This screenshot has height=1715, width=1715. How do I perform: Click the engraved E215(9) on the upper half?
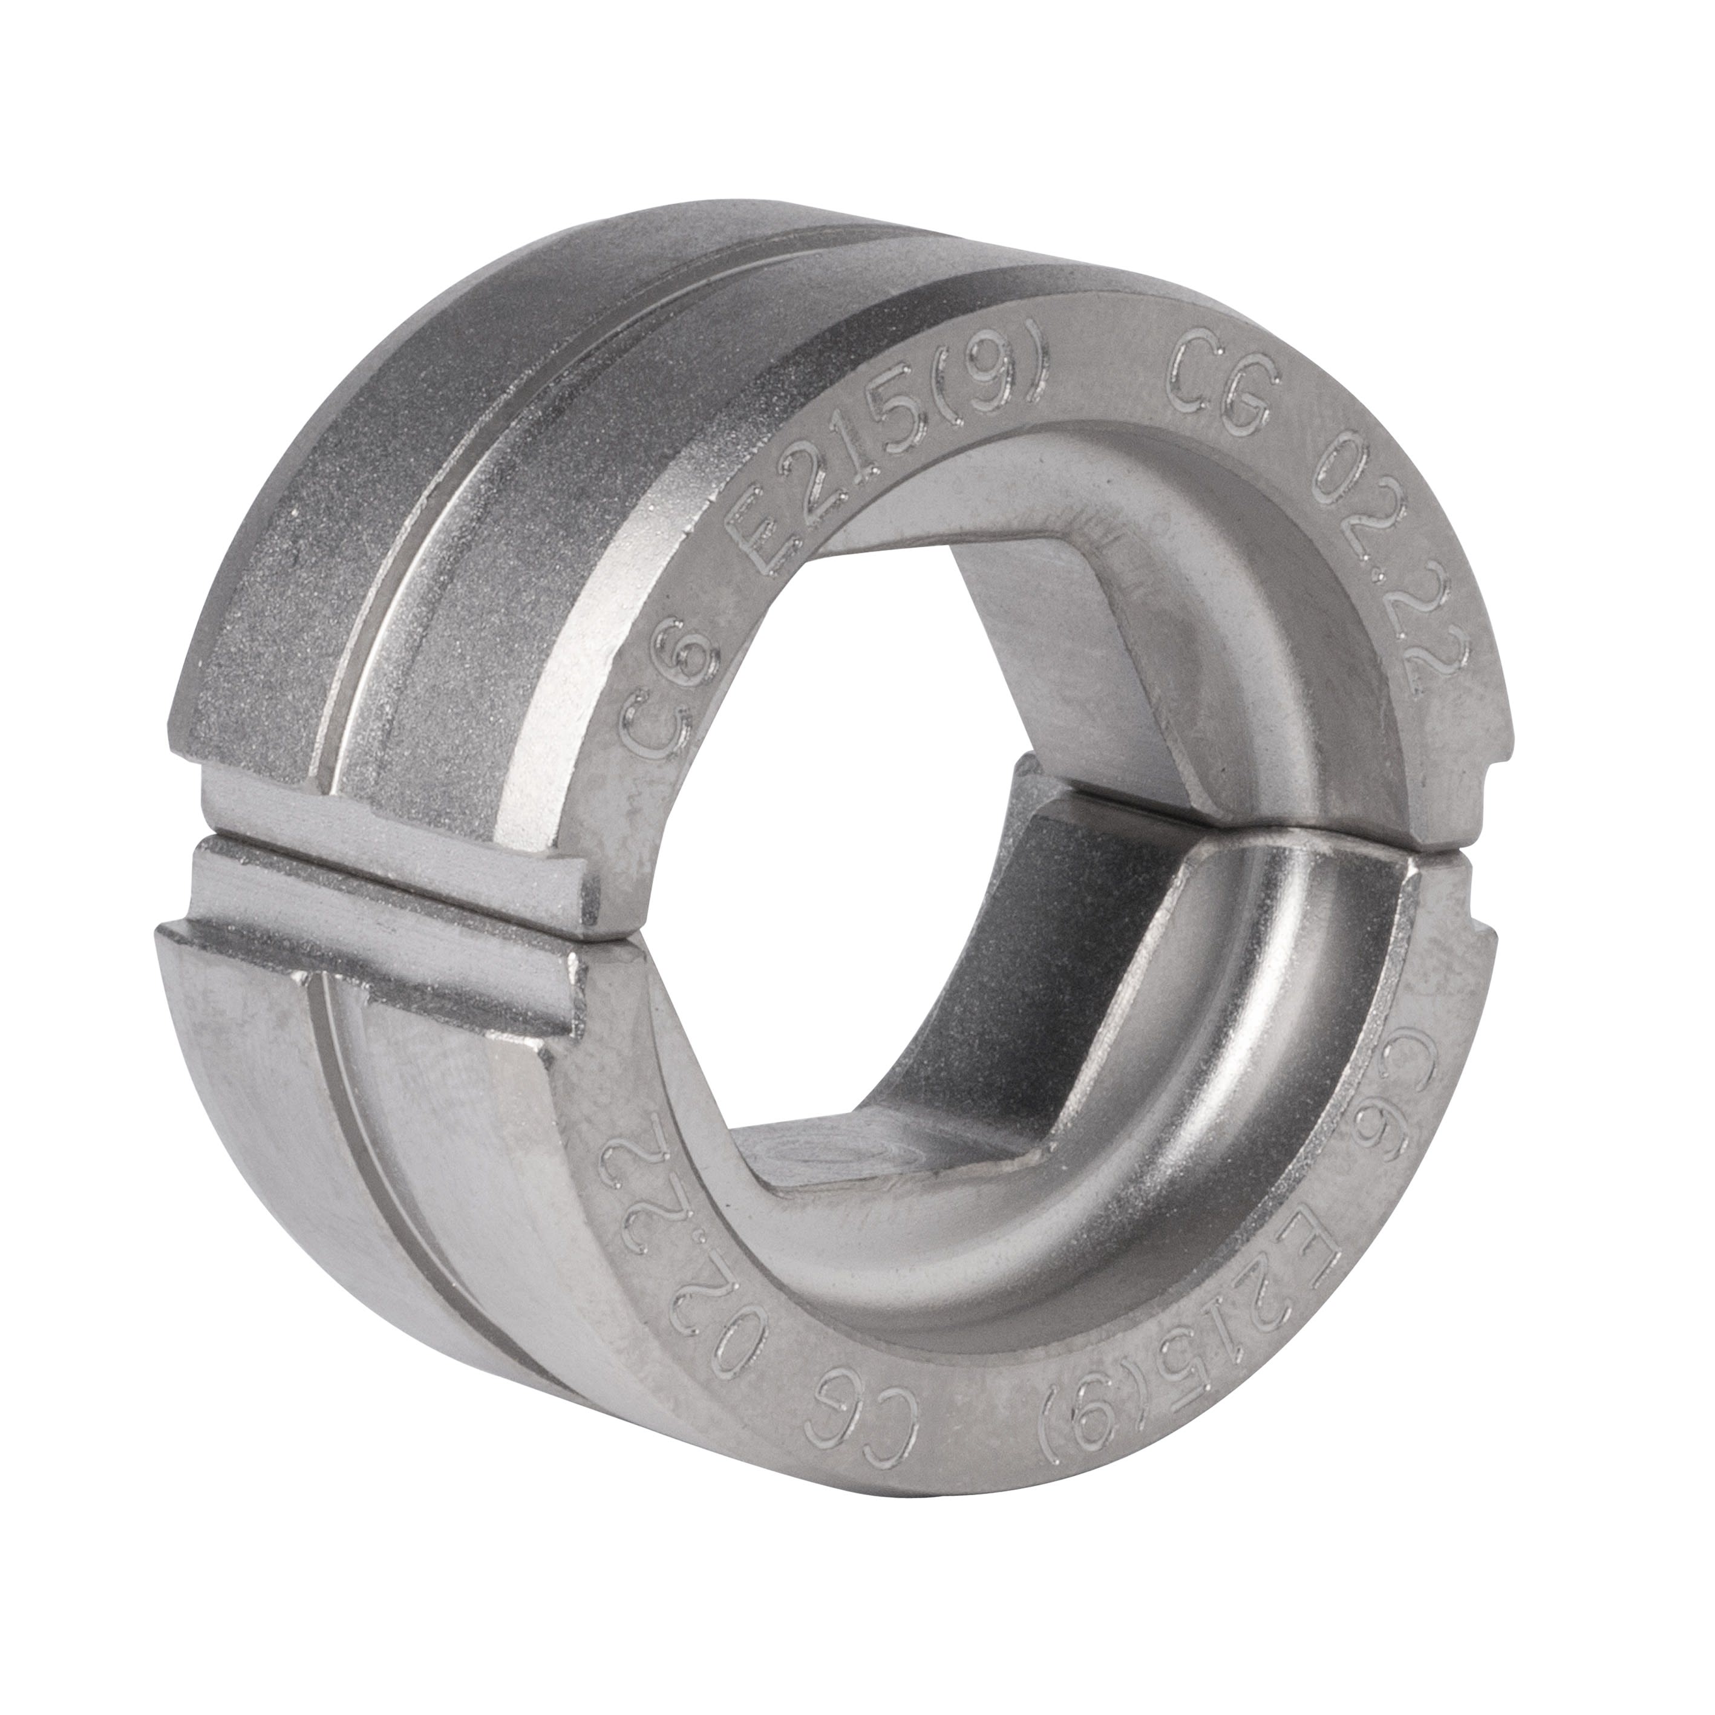887,462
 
